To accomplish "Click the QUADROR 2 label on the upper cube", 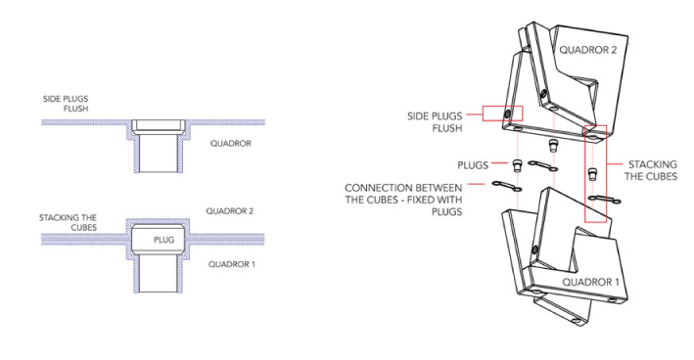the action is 587,50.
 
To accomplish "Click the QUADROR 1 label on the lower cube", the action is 590,282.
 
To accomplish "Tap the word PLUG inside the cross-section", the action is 163,240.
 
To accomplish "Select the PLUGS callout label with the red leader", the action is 473,165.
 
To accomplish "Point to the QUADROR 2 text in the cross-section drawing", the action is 229,211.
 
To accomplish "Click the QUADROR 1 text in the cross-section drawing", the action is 231,264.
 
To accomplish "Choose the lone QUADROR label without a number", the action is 231,143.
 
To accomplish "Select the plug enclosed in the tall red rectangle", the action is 593,174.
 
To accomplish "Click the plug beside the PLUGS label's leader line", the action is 517,166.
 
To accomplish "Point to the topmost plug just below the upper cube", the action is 552,145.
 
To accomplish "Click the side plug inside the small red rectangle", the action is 507,114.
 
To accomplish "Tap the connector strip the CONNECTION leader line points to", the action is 507,186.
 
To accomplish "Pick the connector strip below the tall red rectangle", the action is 606,200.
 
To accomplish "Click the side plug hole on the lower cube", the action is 534,250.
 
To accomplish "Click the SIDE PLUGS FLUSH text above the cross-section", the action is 66,104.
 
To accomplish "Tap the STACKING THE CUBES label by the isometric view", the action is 651,171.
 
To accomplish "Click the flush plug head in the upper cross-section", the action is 158,125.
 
